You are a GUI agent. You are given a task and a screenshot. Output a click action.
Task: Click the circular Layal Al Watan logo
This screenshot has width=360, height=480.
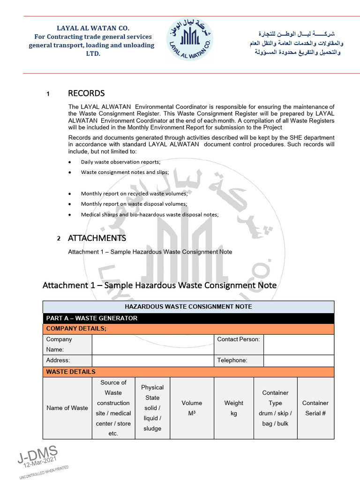pyautogui.click(x=189, y=39)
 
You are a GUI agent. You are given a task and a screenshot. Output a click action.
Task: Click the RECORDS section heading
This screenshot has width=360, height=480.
pyautogui.click(x=86, y=93)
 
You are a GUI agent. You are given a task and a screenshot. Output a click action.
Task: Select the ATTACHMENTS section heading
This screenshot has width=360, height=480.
pyautogui.click(x=97, y=238)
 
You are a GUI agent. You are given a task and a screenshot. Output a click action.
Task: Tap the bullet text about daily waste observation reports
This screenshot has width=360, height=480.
pyautogui.click(x=120, y=162)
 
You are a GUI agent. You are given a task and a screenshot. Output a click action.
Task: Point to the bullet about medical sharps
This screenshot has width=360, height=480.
pyautogui.click(x=150, y=214)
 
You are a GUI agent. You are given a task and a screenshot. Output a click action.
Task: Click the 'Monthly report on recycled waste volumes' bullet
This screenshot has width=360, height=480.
pyautogui.click(x=134, y=194)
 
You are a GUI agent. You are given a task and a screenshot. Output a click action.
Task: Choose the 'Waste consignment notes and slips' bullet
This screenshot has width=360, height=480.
pyautogui.click(x=125, y=172)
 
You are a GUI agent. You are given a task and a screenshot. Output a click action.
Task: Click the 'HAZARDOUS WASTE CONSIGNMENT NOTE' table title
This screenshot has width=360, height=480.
pyautogui.click(x=188, y=307)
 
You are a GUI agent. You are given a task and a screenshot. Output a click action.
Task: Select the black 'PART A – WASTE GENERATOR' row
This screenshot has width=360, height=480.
pyautogui.click(x=188, y=318)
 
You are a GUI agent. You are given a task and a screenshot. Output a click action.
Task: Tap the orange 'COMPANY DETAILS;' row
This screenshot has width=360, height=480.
pyautogui.click(x=188, y=329)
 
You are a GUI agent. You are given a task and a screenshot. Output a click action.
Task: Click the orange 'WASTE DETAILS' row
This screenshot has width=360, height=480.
pyautogui.click(x=188, y=372)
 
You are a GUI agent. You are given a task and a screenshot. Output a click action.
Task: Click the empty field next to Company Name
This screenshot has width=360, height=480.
pyautogui.click(x=153, y=345)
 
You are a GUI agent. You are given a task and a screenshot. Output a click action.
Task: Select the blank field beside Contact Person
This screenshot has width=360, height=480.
pyautogui.click(x=299, y=345)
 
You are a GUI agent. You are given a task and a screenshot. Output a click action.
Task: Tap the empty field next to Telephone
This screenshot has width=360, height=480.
pyautogui.click(x=299, y=360)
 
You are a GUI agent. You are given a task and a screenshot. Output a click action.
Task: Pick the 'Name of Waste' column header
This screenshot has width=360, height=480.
pyautogui.click(x=67, y=408)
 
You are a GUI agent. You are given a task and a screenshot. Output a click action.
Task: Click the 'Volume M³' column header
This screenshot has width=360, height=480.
pyautogui.click(x=192, y=408)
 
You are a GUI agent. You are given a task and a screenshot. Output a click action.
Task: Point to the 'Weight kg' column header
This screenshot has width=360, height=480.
pyautogui.click(x=234, y=408)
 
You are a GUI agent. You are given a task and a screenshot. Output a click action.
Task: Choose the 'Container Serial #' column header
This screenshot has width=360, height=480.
pyautogui.click(x=315, y=408)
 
